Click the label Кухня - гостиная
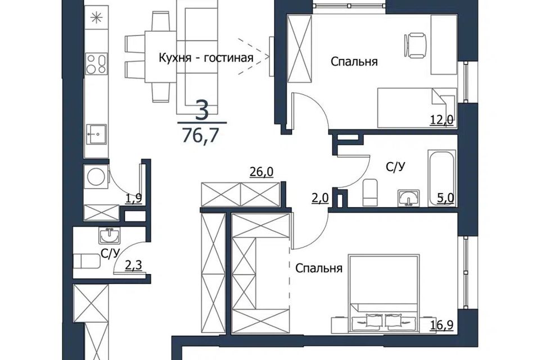206,57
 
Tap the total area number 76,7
200,135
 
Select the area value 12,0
441,120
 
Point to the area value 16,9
442,325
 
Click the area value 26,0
262,172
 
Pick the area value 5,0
445,199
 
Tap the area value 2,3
133,265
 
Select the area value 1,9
133,199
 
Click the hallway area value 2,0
320,199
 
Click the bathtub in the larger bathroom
442,178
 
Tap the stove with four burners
96,64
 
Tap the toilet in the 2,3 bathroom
86,261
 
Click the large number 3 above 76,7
202,110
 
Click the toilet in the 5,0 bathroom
370,192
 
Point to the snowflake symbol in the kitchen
96,17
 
